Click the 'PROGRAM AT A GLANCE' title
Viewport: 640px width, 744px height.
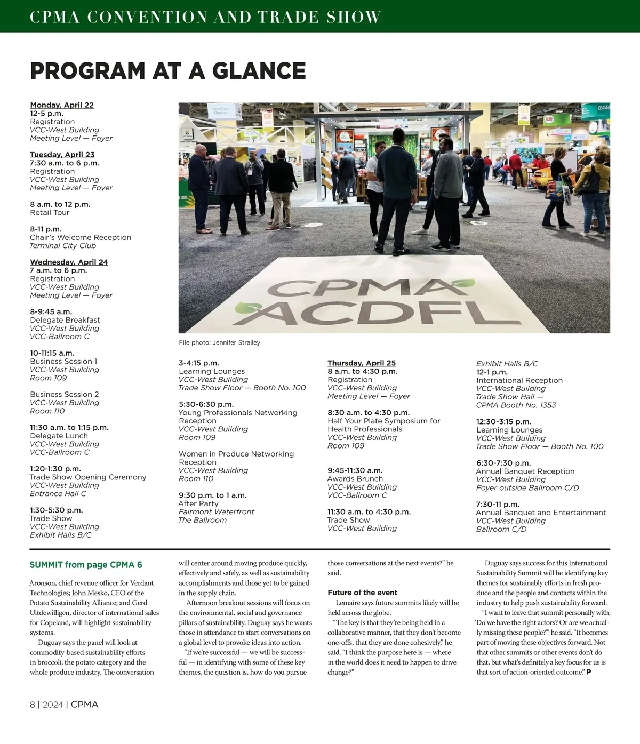coord(168,71)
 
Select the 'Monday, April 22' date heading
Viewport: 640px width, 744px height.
coord(62,105)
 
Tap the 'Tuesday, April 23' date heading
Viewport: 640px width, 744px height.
coord(62,155)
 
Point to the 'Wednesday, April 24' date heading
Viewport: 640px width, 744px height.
coord(69,262)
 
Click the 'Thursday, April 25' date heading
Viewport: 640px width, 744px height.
coord(362,363)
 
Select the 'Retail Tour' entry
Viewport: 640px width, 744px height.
coord(50,212)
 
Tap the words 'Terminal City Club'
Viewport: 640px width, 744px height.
coord(63,245)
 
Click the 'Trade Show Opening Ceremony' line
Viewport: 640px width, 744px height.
coord(88,477)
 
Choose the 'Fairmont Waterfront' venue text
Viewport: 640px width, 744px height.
coord(216,511)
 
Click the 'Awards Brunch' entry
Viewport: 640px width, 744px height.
coord(355,478)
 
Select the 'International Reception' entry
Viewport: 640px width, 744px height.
coord(519,380)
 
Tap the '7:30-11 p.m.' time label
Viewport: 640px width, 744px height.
coord(497,504)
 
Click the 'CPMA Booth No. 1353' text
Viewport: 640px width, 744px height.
coord(516,405)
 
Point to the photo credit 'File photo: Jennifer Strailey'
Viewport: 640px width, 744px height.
coord(219,342)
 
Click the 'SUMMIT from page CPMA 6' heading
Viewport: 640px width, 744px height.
coord(86,565)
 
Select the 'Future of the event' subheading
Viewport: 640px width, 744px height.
coord(362,593)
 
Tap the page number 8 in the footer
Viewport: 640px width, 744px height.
coord(32,705)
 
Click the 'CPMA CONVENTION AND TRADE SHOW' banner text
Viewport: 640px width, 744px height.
coord(205,17)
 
